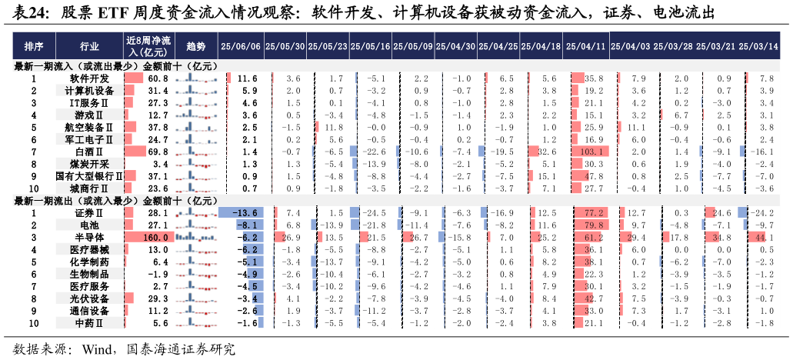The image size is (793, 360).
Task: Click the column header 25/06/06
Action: coord(241,45)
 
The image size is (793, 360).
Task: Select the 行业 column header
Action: coord(89,45)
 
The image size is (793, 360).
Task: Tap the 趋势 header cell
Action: coord(196,45)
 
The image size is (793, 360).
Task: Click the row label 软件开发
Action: coord(89,78)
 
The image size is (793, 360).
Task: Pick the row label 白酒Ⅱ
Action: coord(89,152)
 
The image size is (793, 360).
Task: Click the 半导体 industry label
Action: coord(89,238)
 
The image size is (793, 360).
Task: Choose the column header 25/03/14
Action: coord(758,45)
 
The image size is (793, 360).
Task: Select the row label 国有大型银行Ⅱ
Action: coord(89,177)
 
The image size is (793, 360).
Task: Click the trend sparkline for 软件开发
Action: coord(196,78)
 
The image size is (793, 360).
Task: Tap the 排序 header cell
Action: coord(34,45)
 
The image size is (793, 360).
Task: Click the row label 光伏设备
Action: coord(89,298)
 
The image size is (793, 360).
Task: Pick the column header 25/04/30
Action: coord(456,45)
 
